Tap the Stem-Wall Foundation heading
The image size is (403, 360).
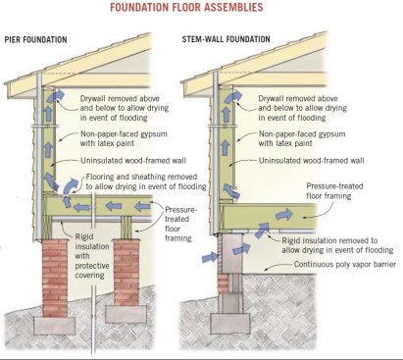pos(232,40)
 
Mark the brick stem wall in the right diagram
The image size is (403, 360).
pos(235,270)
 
